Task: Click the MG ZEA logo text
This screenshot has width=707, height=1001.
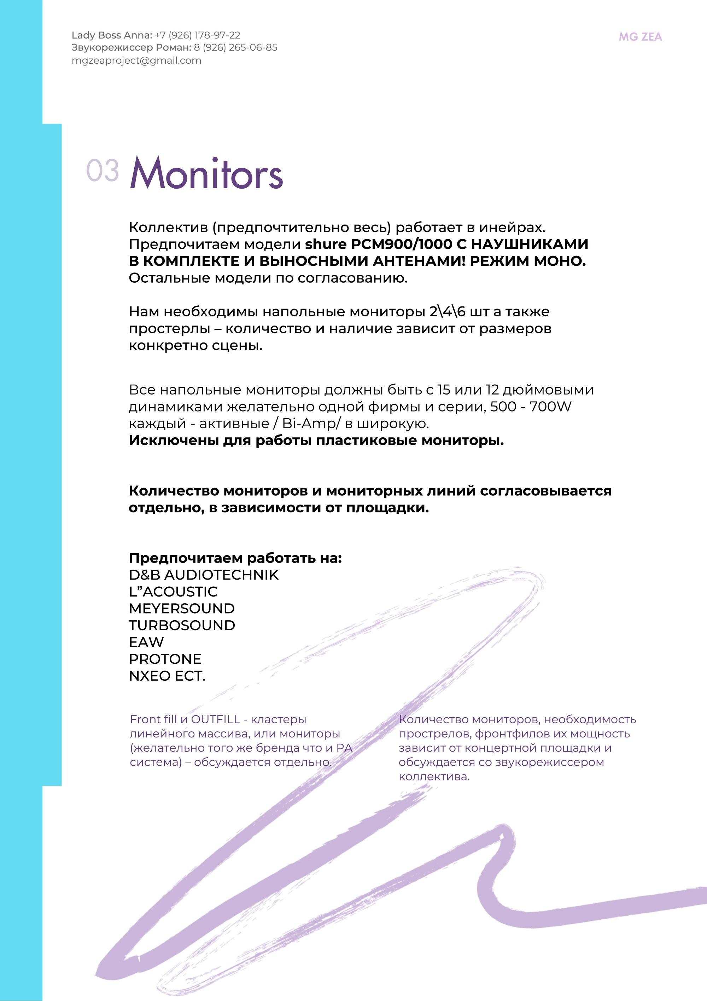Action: (640, 37)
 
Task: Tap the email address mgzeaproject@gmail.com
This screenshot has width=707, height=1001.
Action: (136, 61)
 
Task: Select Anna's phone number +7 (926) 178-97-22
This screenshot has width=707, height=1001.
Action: (197, 35)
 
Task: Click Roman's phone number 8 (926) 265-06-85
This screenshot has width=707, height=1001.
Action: (236, 47)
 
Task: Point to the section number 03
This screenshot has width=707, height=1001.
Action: (103, 171)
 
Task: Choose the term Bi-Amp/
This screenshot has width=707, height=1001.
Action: (311, 423)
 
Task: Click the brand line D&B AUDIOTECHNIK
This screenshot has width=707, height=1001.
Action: (203, 575)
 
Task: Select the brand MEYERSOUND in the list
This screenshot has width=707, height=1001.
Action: (182, 609)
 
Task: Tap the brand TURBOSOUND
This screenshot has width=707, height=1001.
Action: (182, 625)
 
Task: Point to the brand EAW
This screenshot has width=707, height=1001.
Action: (146, 642)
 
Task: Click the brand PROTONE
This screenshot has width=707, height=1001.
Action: (165, 659)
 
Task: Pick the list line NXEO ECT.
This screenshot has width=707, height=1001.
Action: (167, 676)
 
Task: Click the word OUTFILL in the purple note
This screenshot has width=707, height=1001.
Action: (216, 719)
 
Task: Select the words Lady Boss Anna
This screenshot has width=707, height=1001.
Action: (111, 35)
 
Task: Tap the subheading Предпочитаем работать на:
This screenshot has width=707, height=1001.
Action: (235, 558)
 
